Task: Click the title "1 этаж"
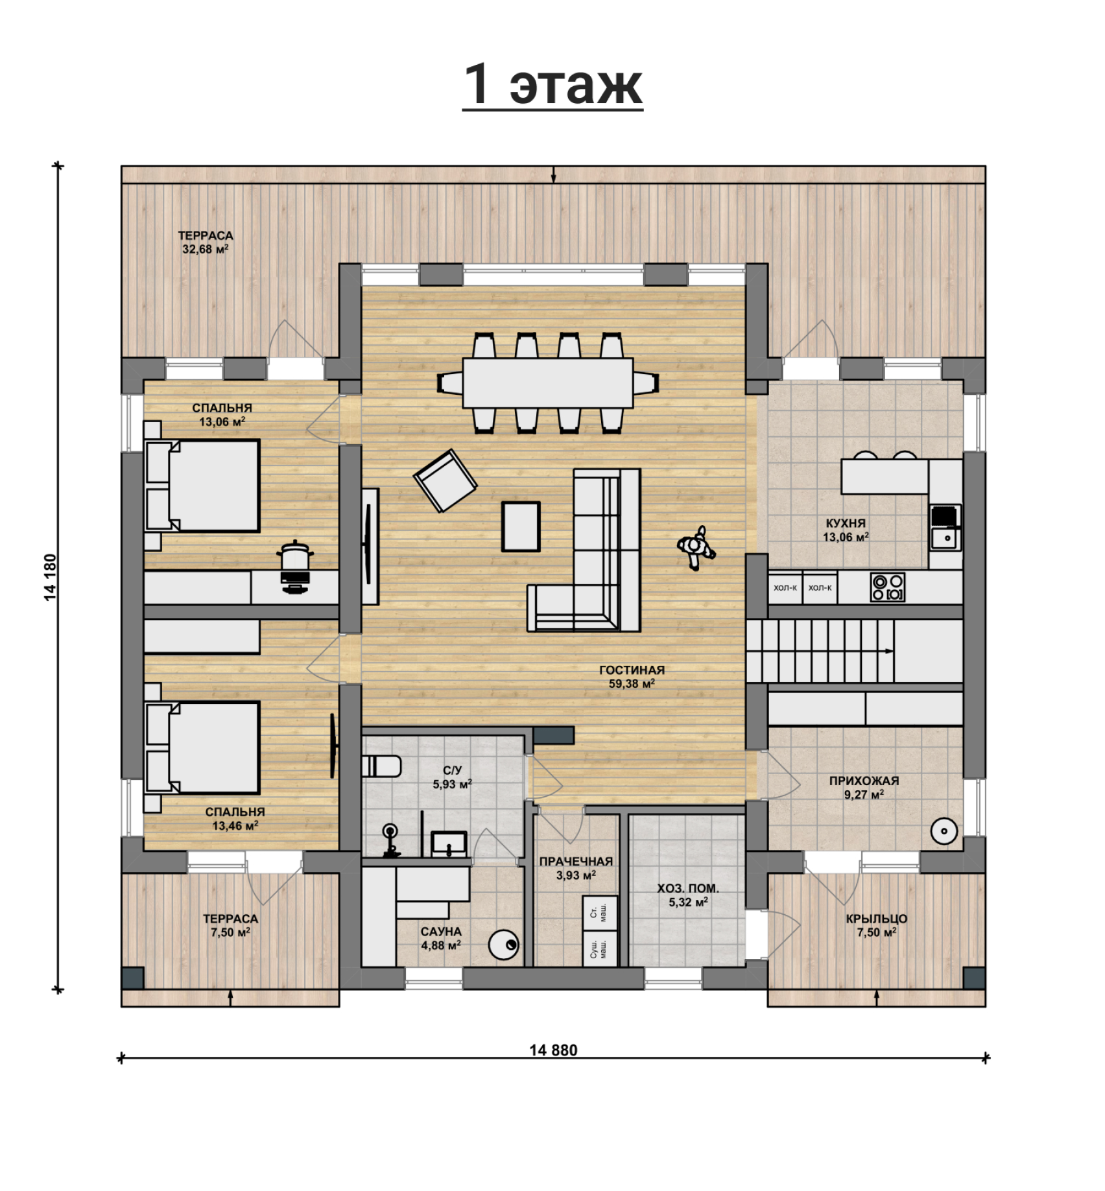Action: (x=552, y=84)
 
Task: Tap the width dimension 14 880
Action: (x=553, y=1050)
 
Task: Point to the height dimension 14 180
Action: (x=51, y=577)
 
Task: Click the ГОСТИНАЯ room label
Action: (x=632, y=670)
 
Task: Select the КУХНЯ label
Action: (x=846, y=523)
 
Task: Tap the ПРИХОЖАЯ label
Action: (x=864, y=781)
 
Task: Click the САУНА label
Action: (x=441, y=932)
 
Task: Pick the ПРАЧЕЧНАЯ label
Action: (x=576, y=862)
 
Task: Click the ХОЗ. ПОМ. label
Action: (x=688, y=888)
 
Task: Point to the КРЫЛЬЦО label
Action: (x=876, y=919)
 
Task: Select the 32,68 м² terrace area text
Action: (x=206, y=249)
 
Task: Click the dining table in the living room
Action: (x=548, y=383)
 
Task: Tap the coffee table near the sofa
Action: (x=521, y=526)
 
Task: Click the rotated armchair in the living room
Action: (x=446, y=480)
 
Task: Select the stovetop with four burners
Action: (x=888, y=587)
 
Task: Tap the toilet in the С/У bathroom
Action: (x=381, y=766)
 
